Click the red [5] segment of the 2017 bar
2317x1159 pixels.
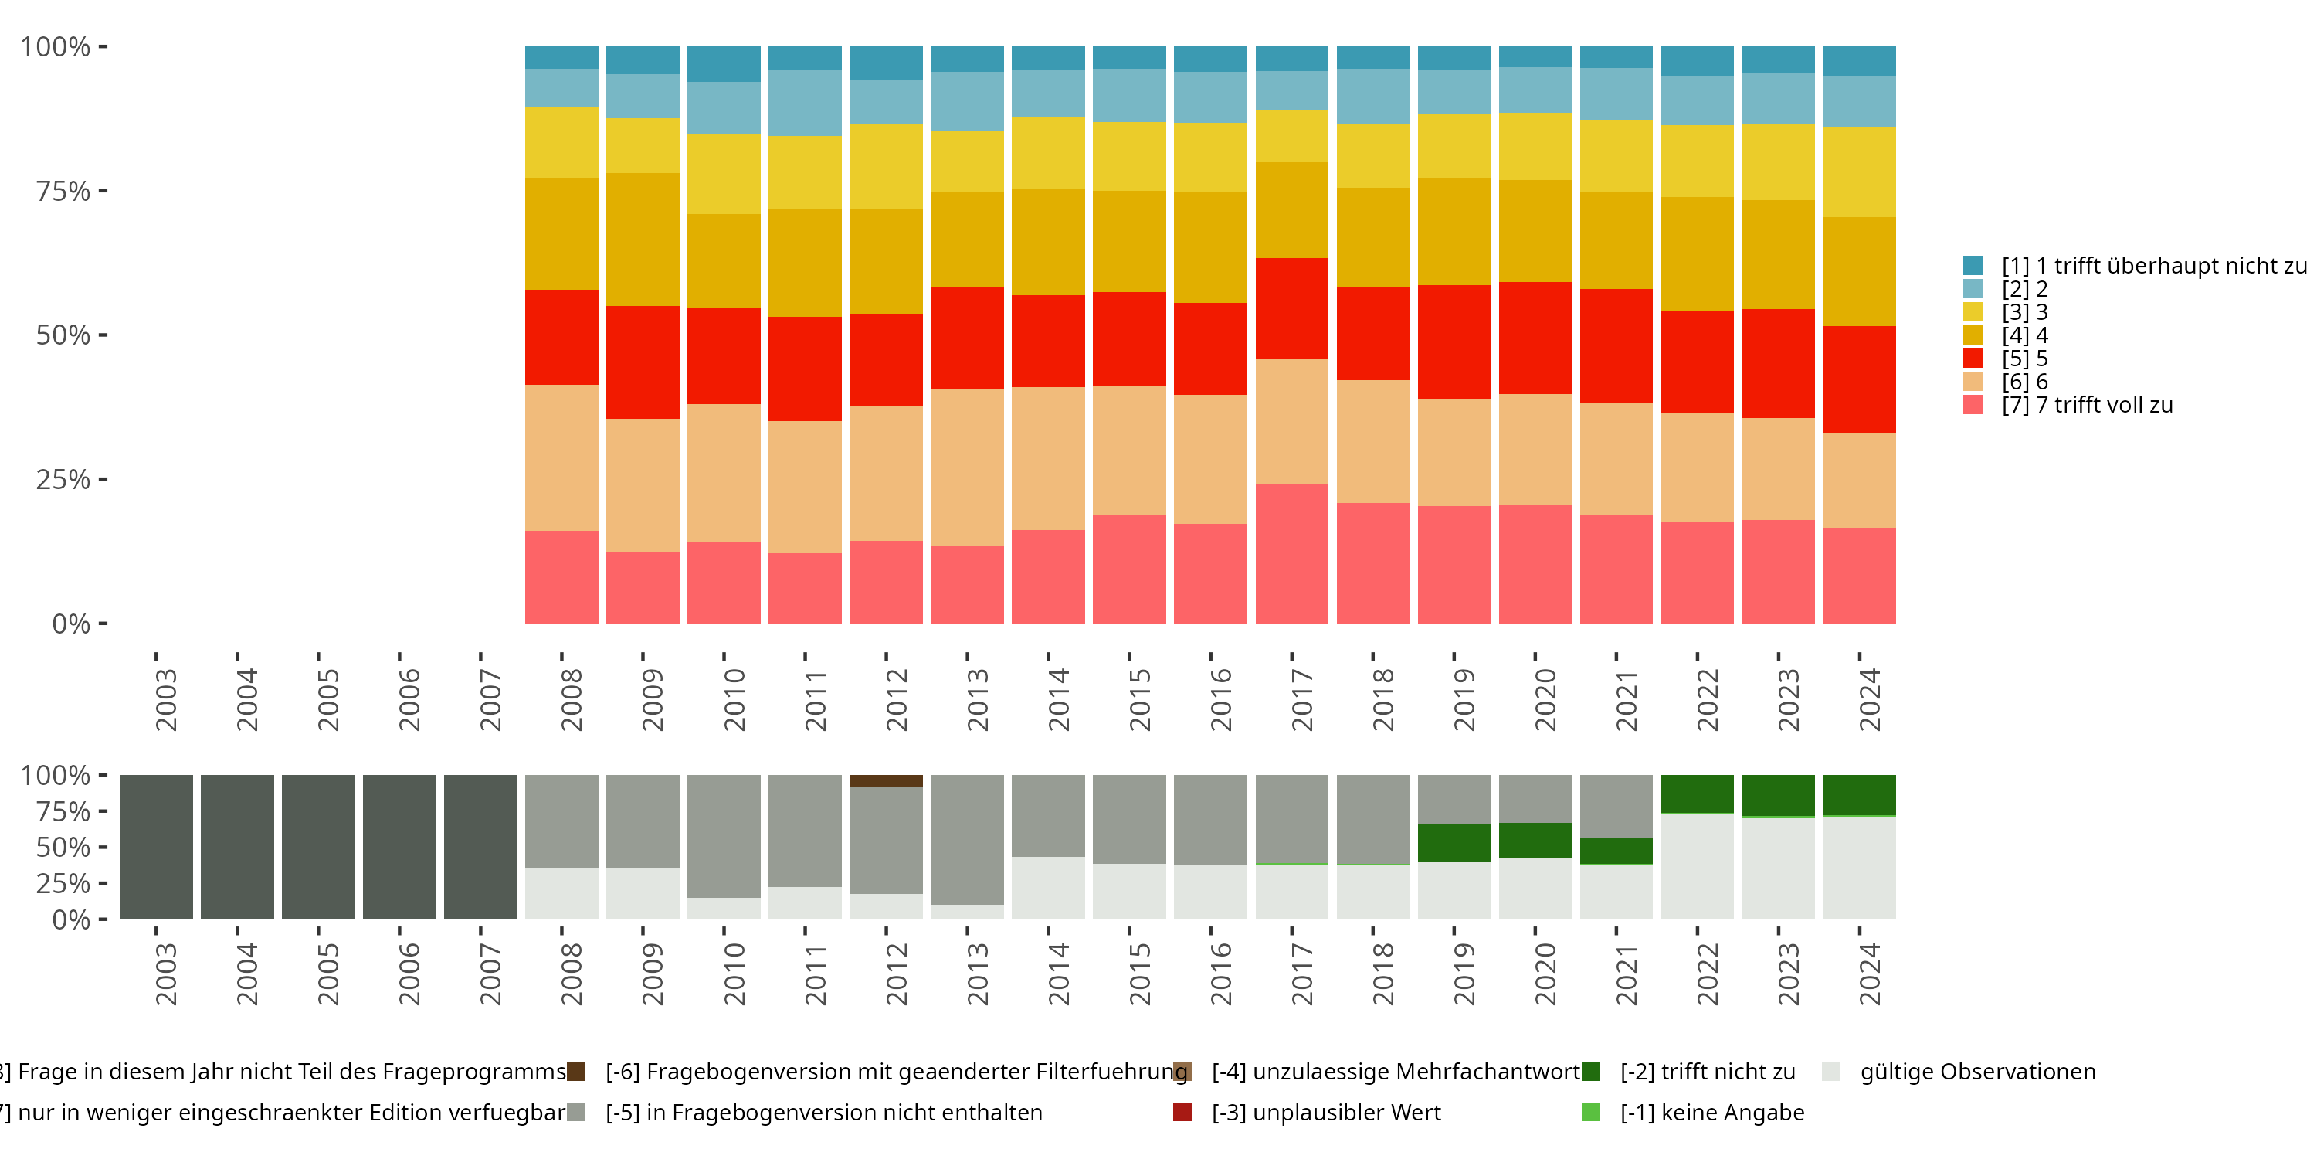click(1291, 308)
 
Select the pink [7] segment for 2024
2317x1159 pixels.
click(1859, 575)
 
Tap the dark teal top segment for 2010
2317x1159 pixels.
click(723, 64)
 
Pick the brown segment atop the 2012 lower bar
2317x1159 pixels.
click(886, 781)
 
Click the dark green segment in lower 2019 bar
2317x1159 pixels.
click(1454, 842)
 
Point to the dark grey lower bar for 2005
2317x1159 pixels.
click(318, 847)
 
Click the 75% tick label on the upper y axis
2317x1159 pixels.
click(63, 191)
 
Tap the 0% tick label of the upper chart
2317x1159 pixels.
click(71, 624)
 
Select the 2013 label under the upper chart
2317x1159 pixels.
click(977, 699)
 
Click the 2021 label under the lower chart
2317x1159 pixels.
click(1627, 974)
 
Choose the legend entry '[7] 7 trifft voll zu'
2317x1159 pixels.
click(2087, 405)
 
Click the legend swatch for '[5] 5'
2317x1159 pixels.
click(1973, 359)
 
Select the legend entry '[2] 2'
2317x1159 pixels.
click(2024, 289)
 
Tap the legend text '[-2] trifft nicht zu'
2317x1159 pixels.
click(1707, 1072)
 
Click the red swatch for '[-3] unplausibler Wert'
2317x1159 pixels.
click(1182, 1112)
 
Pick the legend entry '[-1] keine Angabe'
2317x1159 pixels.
click(1711, 1112)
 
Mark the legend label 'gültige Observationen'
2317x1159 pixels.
click(1977, 1072)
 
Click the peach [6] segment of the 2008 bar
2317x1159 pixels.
click(561, 457)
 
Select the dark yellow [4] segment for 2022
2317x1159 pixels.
click(1698, 253)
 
